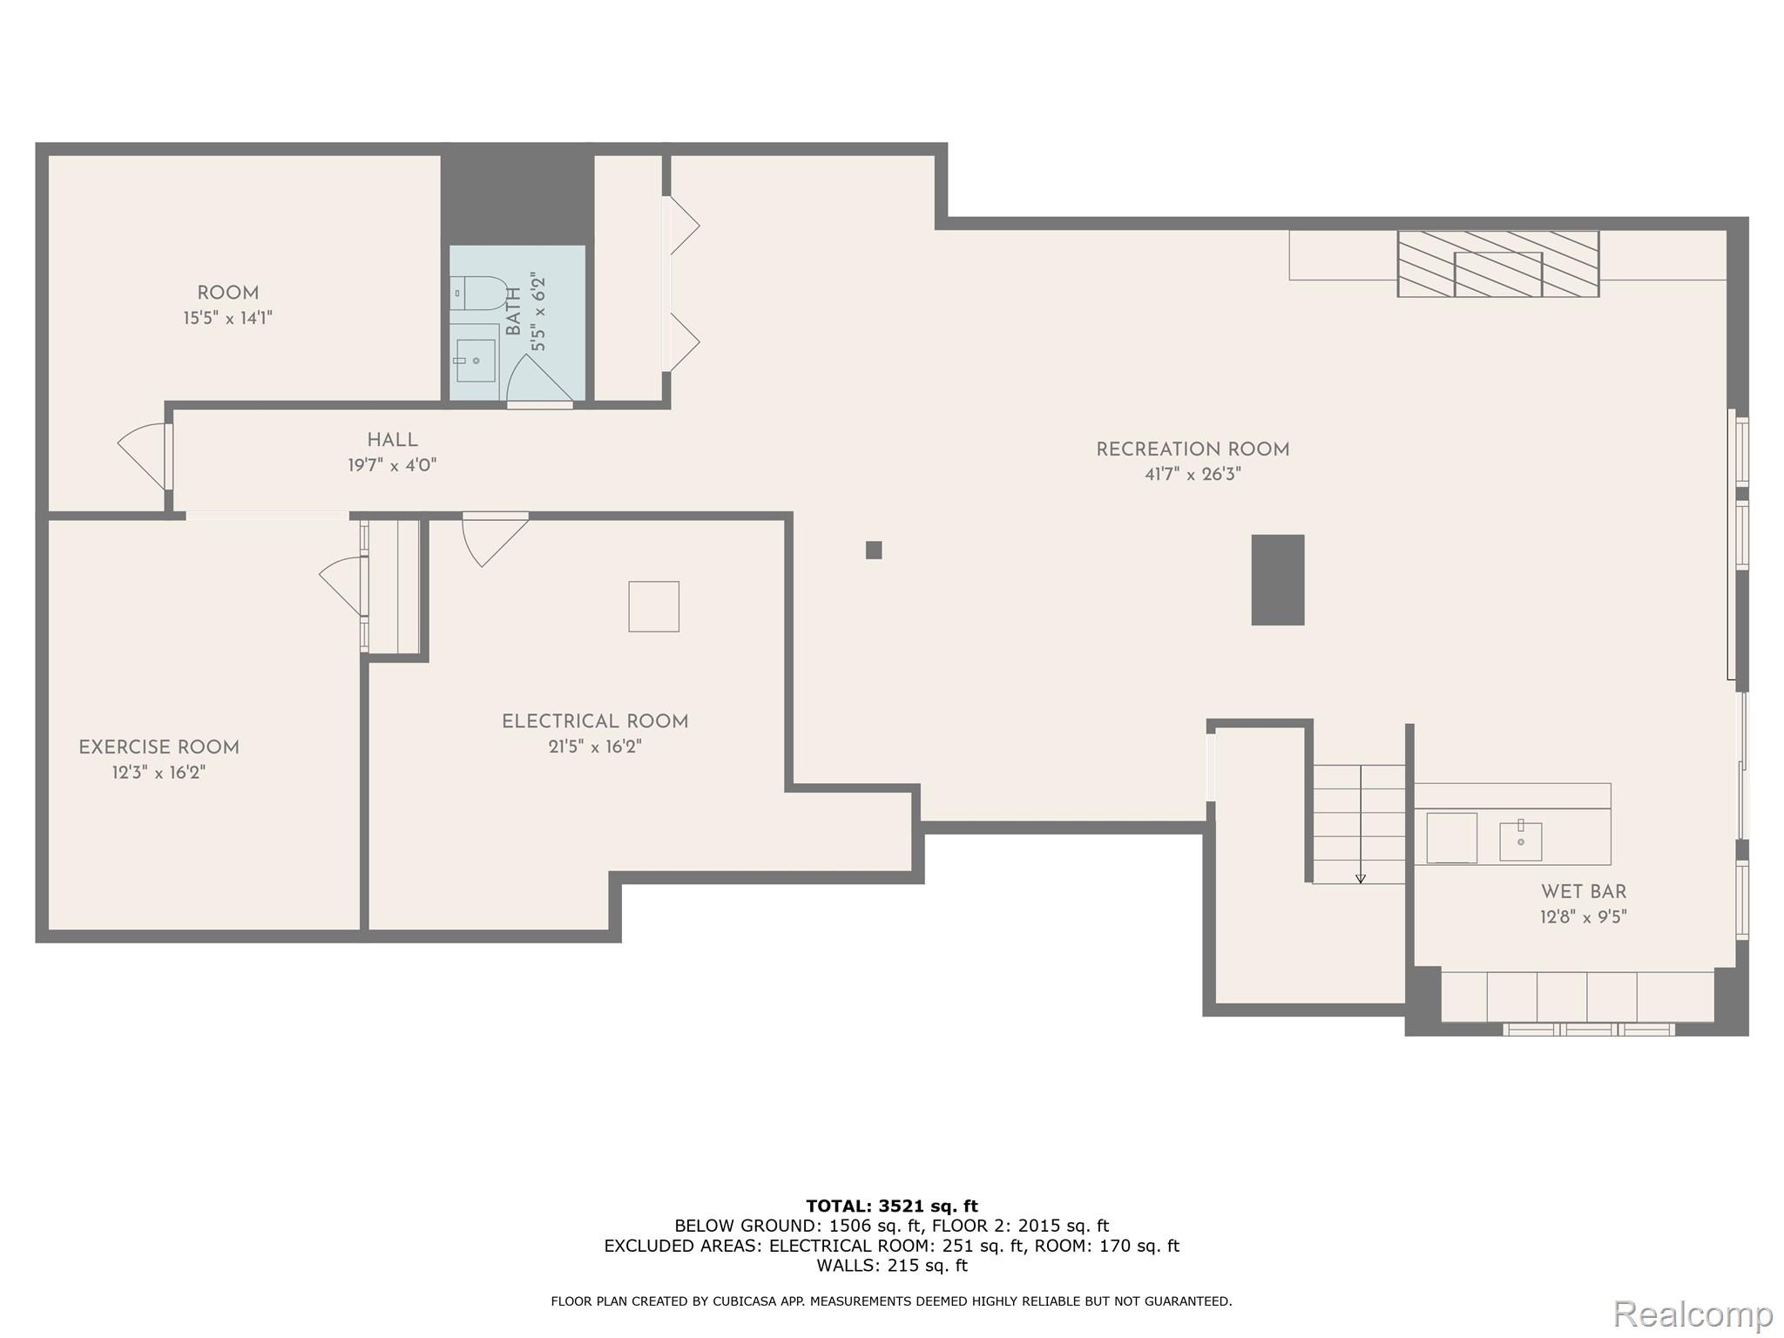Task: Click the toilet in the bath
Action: coord(480,294)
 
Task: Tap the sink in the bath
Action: coord(476,360)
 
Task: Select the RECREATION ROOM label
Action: coord(1192,449)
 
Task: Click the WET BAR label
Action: coord(1583,892)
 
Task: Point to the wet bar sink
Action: coord(1520,841)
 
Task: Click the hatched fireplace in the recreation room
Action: coord(1497,264)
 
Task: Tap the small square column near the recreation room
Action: coord(874,550)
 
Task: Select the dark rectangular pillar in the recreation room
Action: coord(1277,579)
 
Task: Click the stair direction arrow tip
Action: coord(1361,880)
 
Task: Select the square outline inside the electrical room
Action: coord(653,606)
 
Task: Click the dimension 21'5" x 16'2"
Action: coord(595,747)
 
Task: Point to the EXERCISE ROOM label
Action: coord(159,747)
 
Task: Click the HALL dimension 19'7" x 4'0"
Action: coord(392,465)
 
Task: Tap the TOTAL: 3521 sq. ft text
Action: coord(891,1206)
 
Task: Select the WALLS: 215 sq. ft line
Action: coord(891,1266)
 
